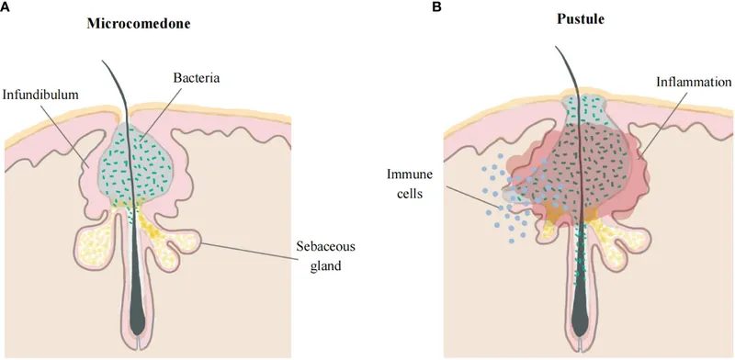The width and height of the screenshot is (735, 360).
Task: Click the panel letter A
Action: coord(6,6)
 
